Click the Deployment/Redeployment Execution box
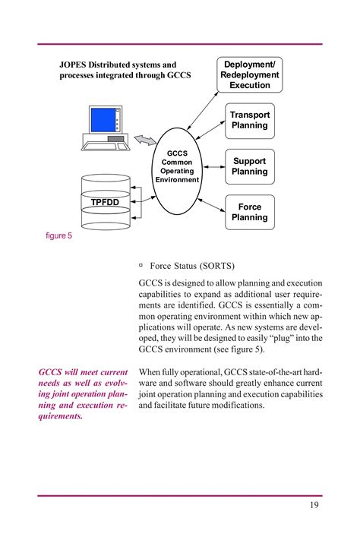(x=250, y=74)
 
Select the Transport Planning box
(x=250, y=120)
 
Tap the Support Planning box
(x=250, y=166)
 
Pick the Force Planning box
(x=250, y=212)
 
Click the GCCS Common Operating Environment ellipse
(x=177, y=166)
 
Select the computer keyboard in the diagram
(x=106, y=146)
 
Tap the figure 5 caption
(x=59, y=236)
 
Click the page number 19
(x=314, y=507)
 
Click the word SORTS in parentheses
(x=217, y=266)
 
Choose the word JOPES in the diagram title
(x=75, y=65)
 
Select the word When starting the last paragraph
(x=151, y=372)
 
